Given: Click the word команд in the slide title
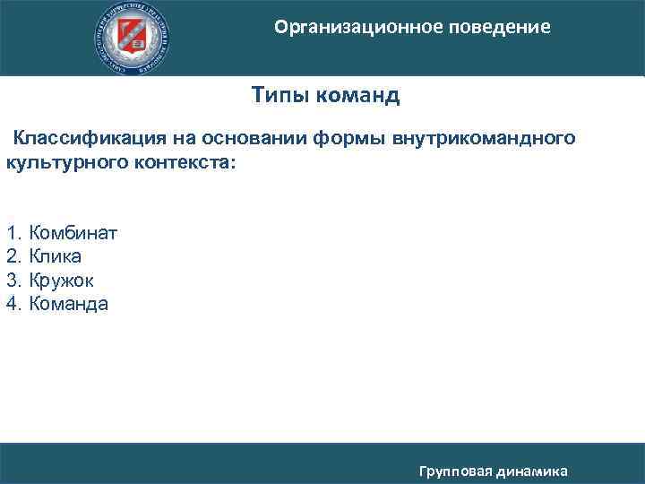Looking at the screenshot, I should (x=357, y=95).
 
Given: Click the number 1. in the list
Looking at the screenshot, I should (x=13, y=234).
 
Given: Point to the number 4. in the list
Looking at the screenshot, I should (x=13, y=304).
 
